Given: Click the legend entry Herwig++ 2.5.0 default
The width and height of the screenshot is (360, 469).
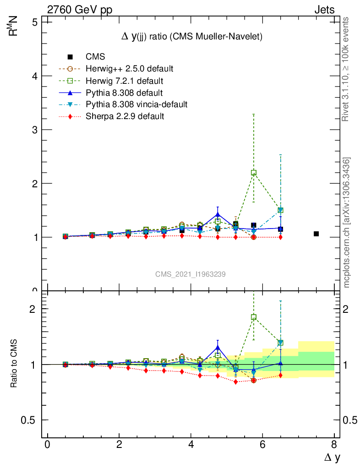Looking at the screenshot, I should click(129, 69).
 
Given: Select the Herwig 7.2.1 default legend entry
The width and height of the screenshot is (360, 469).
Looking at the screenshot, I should click(125, 81).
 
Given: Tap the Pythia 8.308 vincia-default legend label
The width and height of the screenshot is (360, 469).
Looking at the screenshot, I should click(136, 104).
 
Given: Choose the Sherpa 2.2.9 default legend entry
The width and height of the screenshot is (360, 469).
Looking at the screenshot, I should click(125, 116).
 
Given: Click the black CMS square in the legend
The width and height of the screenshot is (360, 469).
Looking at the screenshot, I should click(70, 57).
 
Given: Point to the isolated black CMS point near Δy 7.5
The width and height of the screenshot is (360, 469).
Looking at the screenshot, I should click(316, 234).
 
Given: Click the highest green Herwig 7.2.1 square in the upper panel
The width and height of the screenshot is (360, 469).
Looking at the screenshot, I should click(254, 173).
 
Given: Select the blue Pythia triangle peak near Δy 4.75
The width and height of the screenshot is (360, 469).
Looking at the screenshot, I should click(218, 214).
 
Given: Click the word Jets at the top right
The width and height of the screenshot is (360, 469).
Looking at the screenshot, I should click(324, 10).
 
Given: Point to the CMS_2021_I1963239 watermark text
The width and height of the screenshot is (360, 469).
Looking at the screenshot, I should click(190, 274).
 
